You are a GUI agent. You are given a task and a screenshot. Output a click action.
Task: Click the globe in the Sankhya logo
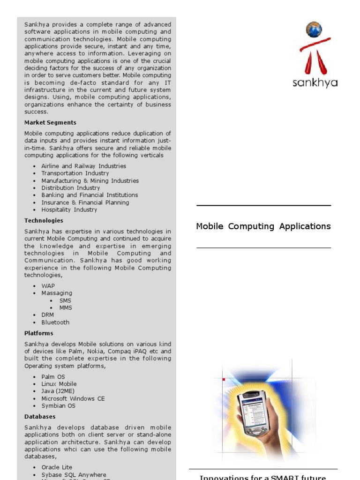[x=314, y=30]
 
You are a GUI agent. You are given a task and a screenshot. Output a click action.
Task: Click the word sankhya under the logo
[x=315, y=83]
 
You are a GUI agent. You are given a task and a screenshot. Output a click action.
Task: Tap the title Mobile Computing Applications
[x=263, y=226]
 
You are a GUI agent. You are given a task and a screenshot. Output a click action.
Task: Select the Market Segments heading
[x=50, y=123]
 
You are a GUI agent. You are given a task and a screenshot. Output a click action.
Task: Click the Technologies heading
[x=44, y=221]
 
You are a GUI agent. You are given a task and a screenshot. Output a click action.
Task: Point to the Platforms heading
[x=39, y=333]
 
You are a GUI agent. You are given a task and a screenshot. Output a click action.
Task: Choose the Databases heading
[x=40, y=417]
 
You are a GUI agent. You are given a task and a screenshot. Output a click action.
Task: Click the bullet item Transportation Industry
[x=75, y=173]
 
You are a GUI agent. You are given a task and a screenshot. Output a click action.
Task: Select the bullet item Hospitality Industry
[x=69, y=210]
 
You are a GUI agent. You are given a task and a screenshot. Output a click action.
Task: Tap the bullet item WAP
[x=48, y=286]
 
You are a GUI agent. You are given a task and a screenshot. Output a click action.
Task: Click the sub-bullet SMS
[x=65, y=300]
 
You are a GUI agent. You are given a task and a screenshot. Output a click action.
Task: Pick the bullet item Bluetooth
[x=55, y=322]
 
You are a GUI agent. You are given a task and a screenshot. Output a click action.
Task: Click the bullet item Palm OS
[x=53, y=377]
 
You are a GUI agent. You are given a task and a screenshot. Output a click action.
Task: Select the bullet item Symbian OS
[x=58, y=406]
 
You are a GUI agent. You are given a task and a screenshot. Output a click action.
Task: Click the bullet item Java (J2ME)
[x=58, y=391]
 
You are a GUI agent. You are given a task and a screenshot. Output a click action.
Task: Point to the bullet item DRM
[x=47, y=315]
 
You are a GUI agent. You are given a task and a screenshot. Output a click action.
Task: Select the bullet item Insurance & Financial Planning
[x=85, y=202]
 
